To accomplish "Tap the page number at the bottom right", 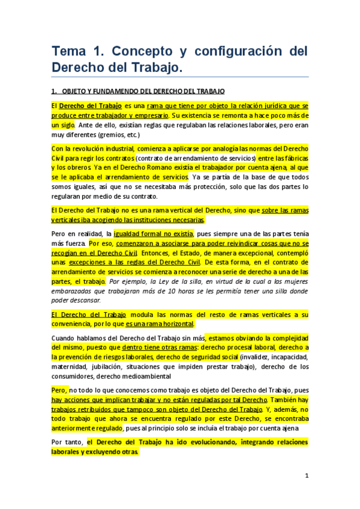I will (x=306, y=476).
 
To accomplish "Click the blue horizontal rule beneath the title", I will (x=179, y=76).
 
